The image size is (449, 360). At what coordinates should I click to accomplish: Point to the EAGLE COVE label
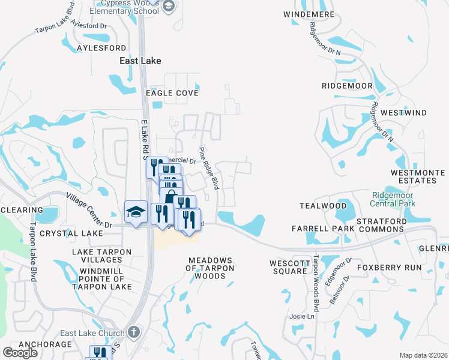pos(172,93)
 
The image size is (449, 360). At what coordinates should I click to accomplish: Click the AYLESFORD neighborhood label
pos(101,47)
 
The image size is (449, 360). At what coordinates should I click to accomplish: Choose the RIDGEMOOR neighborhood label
pos(347,86)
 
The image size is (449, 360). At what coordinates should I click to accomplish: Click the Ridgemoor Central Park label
pos(393,199)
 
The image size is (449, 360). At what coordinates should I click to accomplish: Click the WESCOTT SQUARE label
pos(288,267)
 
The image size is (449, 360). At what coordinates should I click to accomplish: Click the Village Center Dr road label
pos(89,211)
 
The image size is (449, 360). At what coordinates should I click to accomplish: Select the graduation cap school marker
pos(136,212)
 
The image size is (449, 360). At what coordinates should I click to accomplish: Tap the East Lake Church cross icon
pos(134,332)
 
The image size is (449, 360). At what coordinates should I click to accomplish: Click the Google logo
pos(20,353)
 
